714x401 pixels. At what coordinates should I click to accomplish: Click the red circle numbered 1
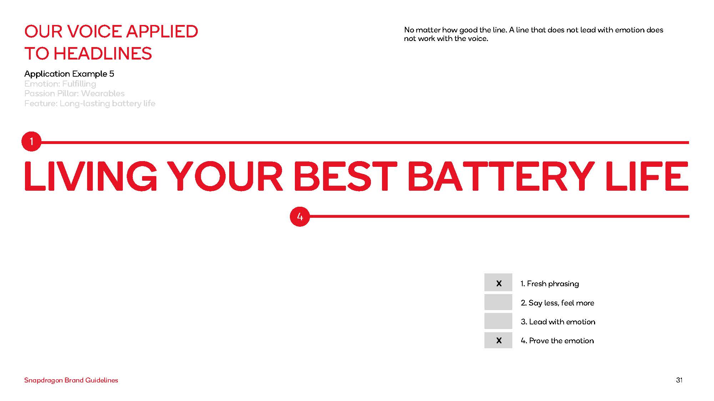(31, 142)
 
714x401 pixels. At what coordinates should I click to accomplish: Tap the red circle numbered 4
(300, 216)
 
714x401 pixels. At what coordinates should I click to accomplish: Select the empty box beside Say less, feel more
(498, 302)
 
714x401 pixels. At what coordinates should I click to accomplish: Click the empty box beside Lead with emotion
(498, 321)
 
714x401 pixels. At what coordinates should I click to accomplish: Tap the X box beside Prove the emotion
(498, 340)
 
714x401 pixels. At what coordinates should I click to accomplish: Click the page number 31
(679, 380)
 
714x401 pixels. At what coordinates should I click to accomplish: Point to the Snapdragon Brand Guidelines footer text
(71, 380)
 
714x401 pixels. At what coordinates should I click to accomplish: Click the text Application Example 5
(69, 74)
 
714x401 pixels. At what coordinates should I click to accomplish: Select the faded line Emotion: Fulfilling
(60, 84)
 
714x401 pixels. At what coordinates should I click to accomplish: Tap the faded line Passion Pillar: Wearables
(74, 93)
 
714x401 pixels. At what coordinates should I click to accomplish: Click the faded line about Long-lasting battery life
(90, 103)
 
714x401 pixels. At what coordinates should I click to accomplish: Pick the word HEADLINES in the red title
(102, 53)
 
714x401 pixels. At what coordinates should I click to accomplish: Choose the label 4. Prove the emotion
(557, 340)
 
